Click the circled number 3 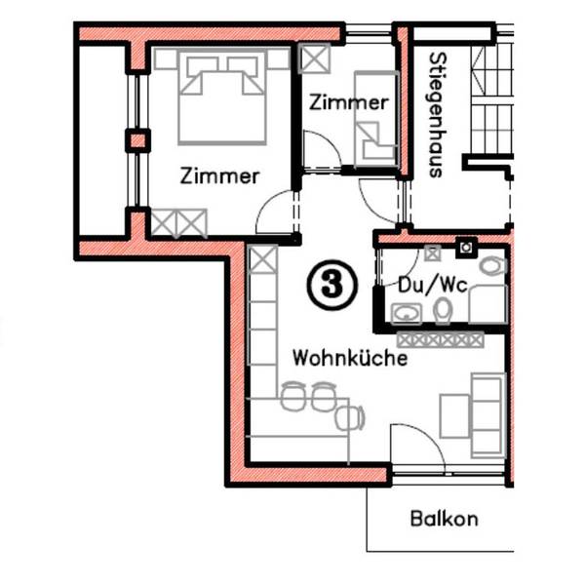click(332, 286)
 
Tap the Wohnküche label click(350, 358)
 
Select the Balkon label click(444, 519)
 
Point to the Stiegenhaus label click(437, 115)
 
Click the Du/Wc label click(433, 286)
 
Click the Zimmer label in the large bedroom click(219, 176)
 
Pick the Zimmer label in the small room click(348, 102)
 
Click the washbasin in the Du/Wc click(407, 314)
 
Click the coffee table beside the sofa click(454, 416)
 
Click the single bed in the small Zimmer click(376, 119)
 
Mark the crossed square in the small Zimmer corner click(315, 58)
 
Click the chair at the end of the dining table click(350, 417)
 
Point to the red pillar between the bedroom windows click(137, 141)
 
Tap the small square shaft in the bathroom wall click(466, 247)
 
